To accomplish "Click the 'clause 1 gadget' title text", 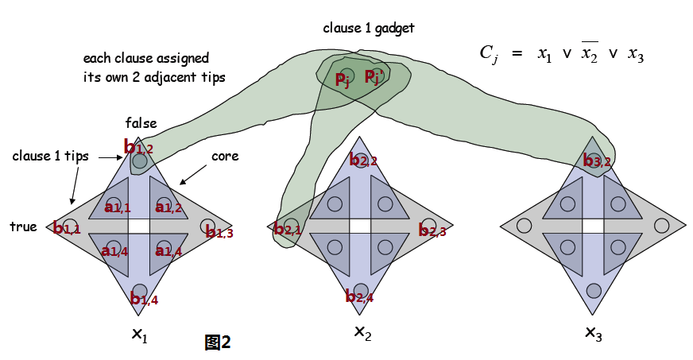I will pyautogui.click(x=368, y=28).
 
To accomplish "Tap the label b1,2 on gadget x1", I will pyautogui.click(x=138, y=147).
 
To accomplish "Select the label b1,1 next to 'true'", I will pyautogui.click(x=67, y=229).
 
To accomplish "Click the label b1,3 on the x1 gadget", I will pyautogui.click(x=218, y=231).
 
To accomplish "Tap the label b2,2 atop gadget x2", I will pyautogui.click(x=363, y=161).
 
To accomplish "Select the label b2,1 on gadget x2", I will pyautogui.click(x=287, y=230).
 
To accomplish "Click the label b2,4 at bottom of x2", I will pyautogui.click(x=359, y=297).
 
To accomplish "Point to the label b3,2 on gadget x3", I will pyautogui.click(x=597, y=161).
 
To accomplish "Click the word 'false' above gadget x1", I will pyautogui.click(x=141, y=123).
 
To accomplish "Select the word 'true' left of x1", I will pyautogui.click(x=23, y=226).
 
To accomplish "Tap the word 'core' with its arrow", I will pyautogui.click(x=225, y=157).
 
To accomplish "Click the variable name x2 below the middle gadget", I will pyautogui.click(x=362, y=331).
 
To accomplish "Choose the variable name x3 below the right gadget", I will pyautogui.click(x=593, y=331).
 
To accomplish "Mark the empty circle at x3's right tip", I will pyautogui.click(x=661, y=226).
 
